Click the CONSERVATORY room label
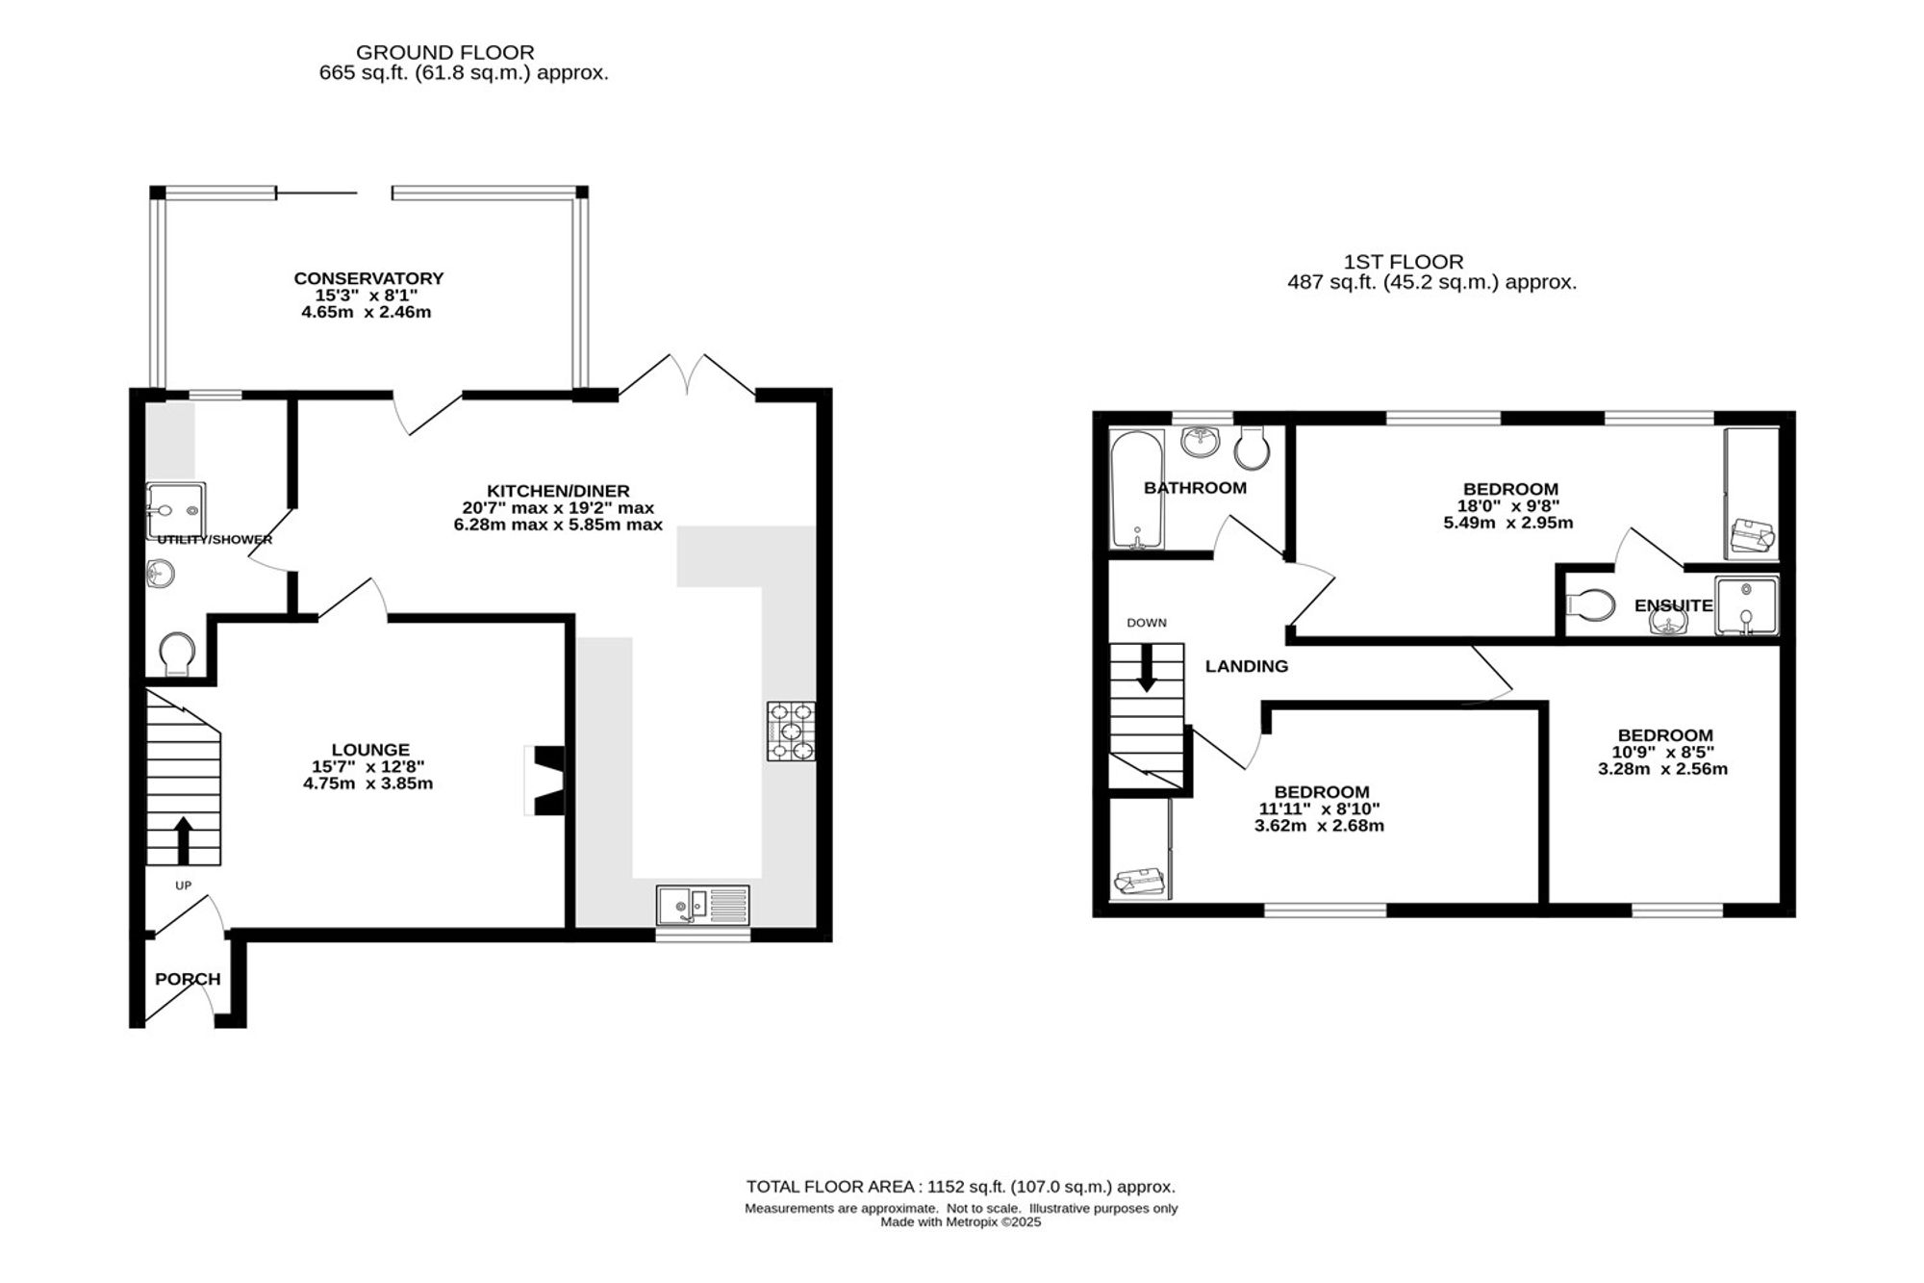368,278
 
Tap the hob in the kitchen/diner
791,731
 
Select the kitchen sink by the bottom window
703,905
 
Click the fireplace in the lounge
545,781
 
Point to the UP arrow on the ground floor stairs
183,839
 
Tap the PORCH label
188,979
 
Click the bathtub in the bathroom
1137,490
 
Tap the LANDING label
1247,666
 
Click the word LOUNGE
370,749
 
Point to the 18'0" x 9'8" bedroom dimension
1510,505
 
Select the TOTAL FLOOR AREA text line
961,1187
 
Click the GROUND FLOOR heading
445,52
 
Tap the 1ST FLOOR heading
1404,261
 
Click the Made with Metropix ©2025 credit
961,1222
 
